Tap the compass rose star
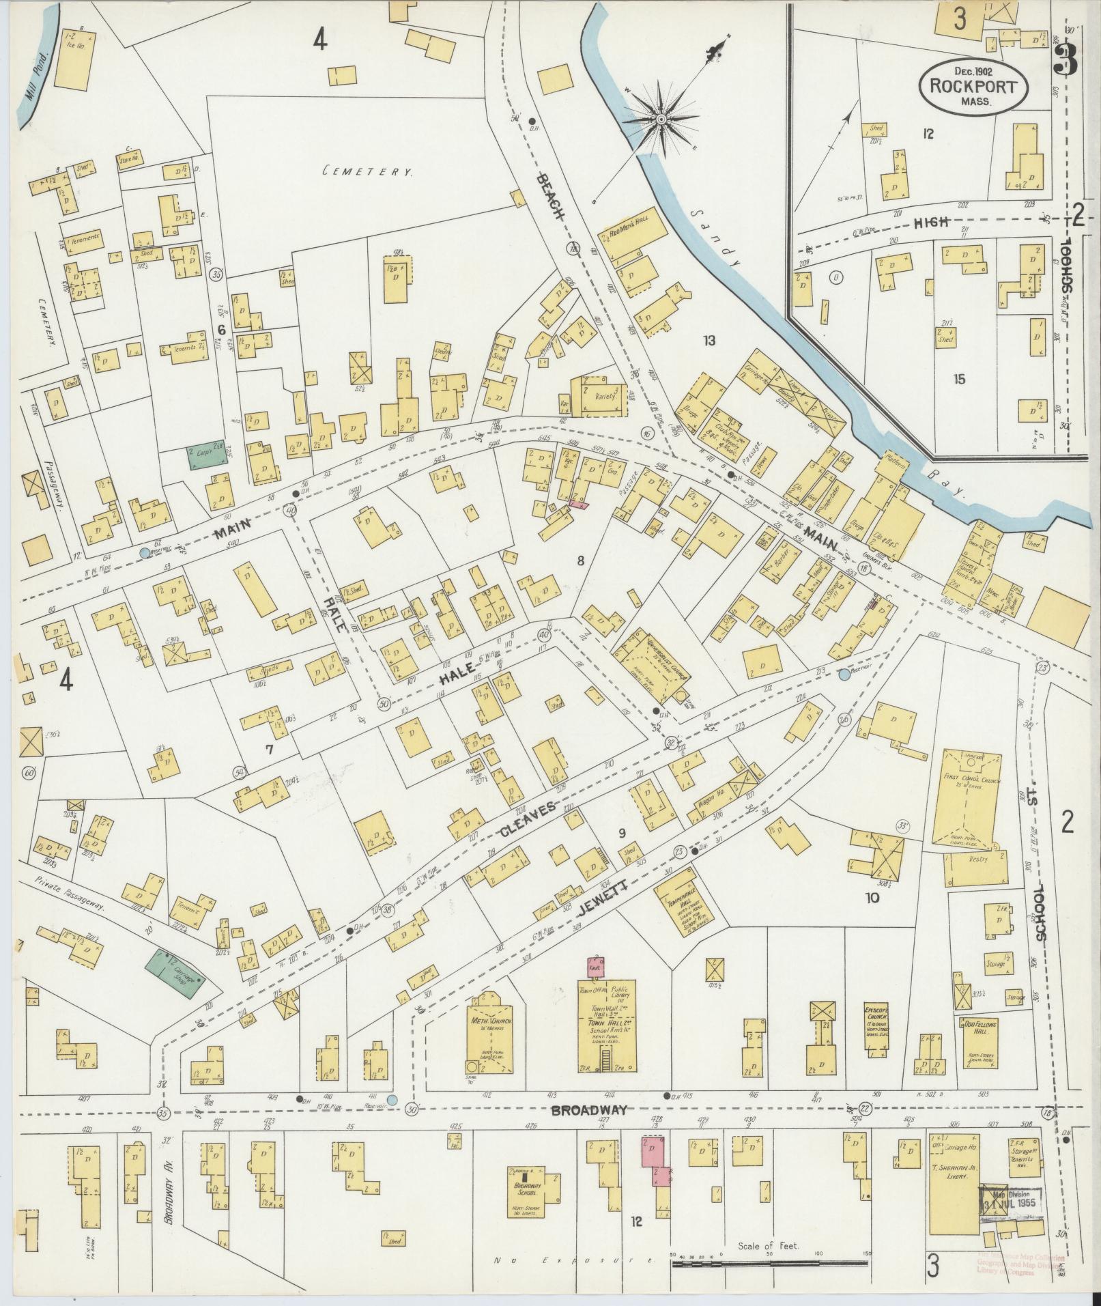click(x=661, y=119)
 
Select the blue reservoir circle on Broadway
click(x=392, y=1099)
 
